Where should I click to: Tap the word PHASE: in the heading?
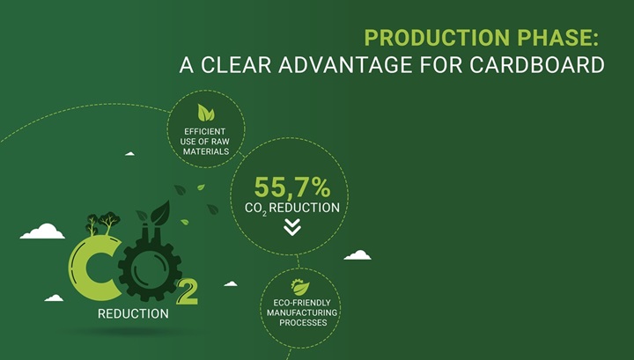[x=558, y=38]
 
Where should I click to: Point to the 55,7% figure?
[x=292, y=187]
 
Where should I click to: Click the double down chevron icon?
[x=292, y=227]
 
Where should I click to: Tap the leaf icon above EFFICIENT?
[x=206, y=113]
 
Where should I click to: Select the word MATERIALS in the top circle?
[x=206, y=151]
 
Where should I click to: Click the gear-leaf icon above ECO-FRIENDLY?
[x=300, y=287]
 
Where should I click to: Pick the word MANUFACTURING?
[x=302, y=312]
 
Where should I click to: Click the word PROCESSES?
[x=303, y=323]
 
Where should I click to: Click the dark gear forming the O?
[x=150, y=268]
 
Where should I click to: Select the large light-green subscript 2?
[x=188, y=292]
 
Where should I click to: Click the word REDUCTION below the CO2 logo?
[x=134, y=314]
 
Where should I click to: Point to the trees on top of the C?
[x=103, y=224]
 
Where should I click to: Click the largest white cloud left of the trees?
[x=42, y=231]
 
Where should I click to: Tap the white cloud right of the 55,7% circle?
[x=358, y=255]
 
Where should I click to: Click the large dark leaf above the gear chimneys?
[x=160, y=213]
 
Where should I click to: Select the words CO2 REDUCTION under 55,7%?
[x=292, y=209]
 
